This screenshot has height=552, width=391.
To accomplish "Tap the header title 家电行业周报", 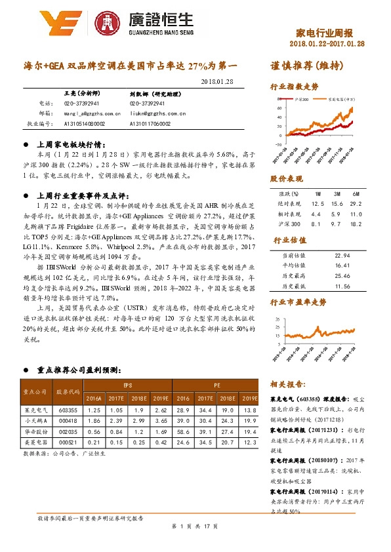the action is [x=325, y=33].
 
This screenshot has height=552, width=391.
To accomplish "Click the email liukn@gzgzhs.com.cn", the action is [x=157, y=113].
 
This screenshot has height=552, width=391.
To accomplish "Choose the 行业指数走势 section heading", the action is [x=295, y=87].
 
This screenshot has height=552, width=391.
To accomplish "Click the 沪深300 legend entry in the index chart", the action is [x=302, y=98].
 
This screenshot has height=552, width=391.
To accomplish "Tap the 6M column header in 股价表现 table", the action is [x=354, y=195].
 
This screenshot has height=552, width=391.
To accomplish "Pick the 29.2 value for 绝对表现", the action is [x=354, y=205].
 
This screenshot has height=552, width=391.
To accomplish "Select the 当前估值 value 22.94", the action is [x=341, y=255].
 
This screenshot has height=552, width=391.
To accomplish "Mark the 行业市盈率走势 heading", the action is [x=298, y=302].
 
